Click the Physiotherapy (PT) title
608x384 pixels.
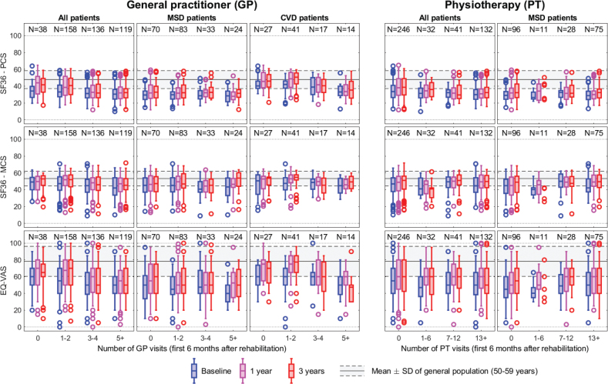[x=499, y=6]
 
